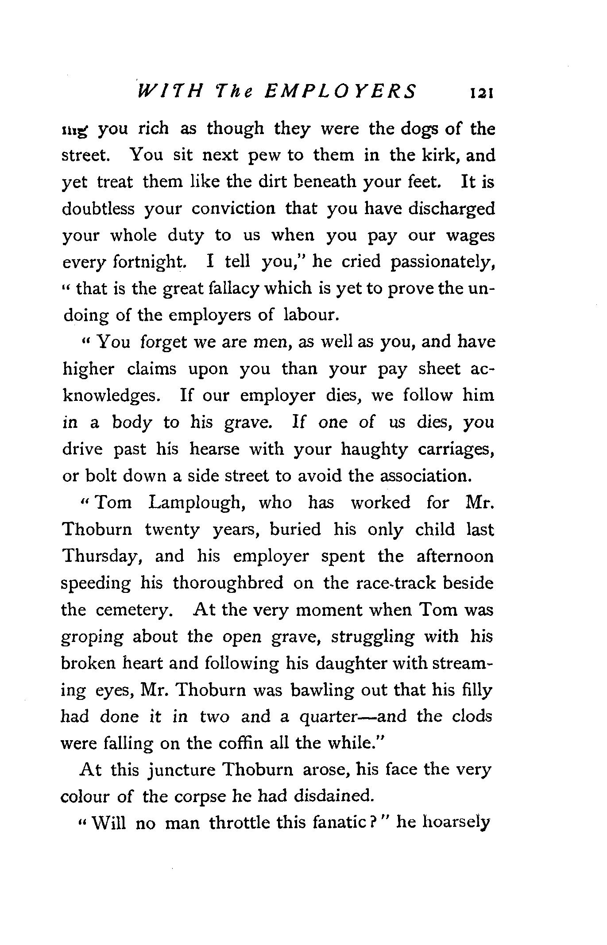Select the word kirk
[440, 155]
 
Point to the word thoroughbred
[228, 583]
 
